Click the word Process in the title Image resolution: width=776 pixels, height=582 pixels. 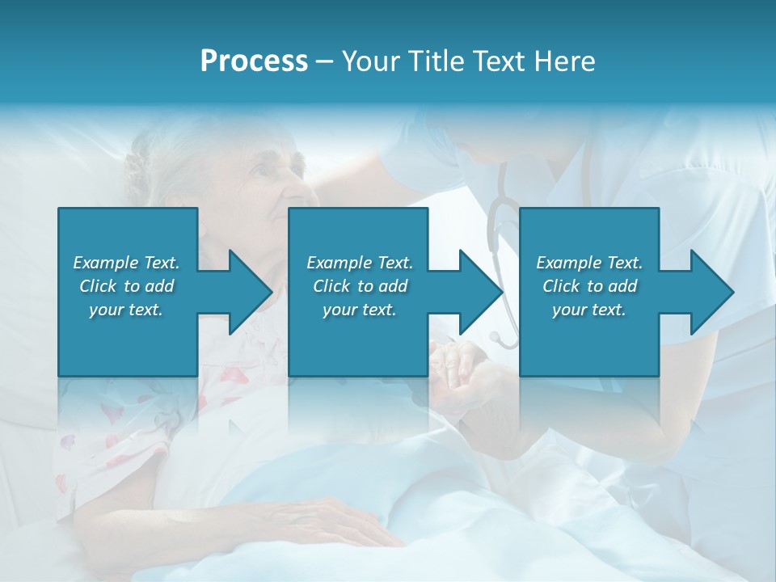point(254,61)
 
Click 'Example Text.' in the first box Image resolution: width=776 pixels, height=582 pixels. point(126,263)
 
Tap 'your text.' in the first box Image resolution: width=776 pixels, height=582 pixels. point(126,310)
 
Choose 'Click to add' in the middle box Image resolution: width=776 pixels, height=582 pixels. point(360,286)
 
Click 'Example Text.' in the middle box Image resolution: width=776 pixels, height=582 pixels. point(360,263)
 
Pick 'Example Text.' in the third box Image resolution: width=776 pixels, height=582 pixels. point(589,263)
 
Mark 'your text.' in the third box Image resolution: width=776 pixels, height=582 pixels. point(589,310)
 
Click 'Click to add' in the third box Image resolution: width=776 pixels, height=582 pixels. point(589,286)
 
